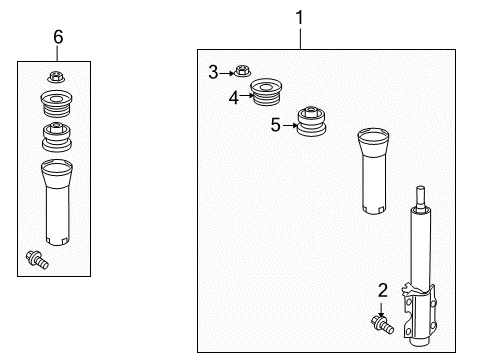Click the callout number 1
[298, 17]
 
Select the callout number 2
[382, 290]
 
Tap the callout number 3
[213, 70]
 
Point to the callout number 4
[234, 97]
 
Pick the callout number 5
[276, 125]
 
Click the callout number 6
[58, 36]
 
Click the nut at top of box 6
[57, 77]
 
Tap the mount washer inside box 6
[57, 103]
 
